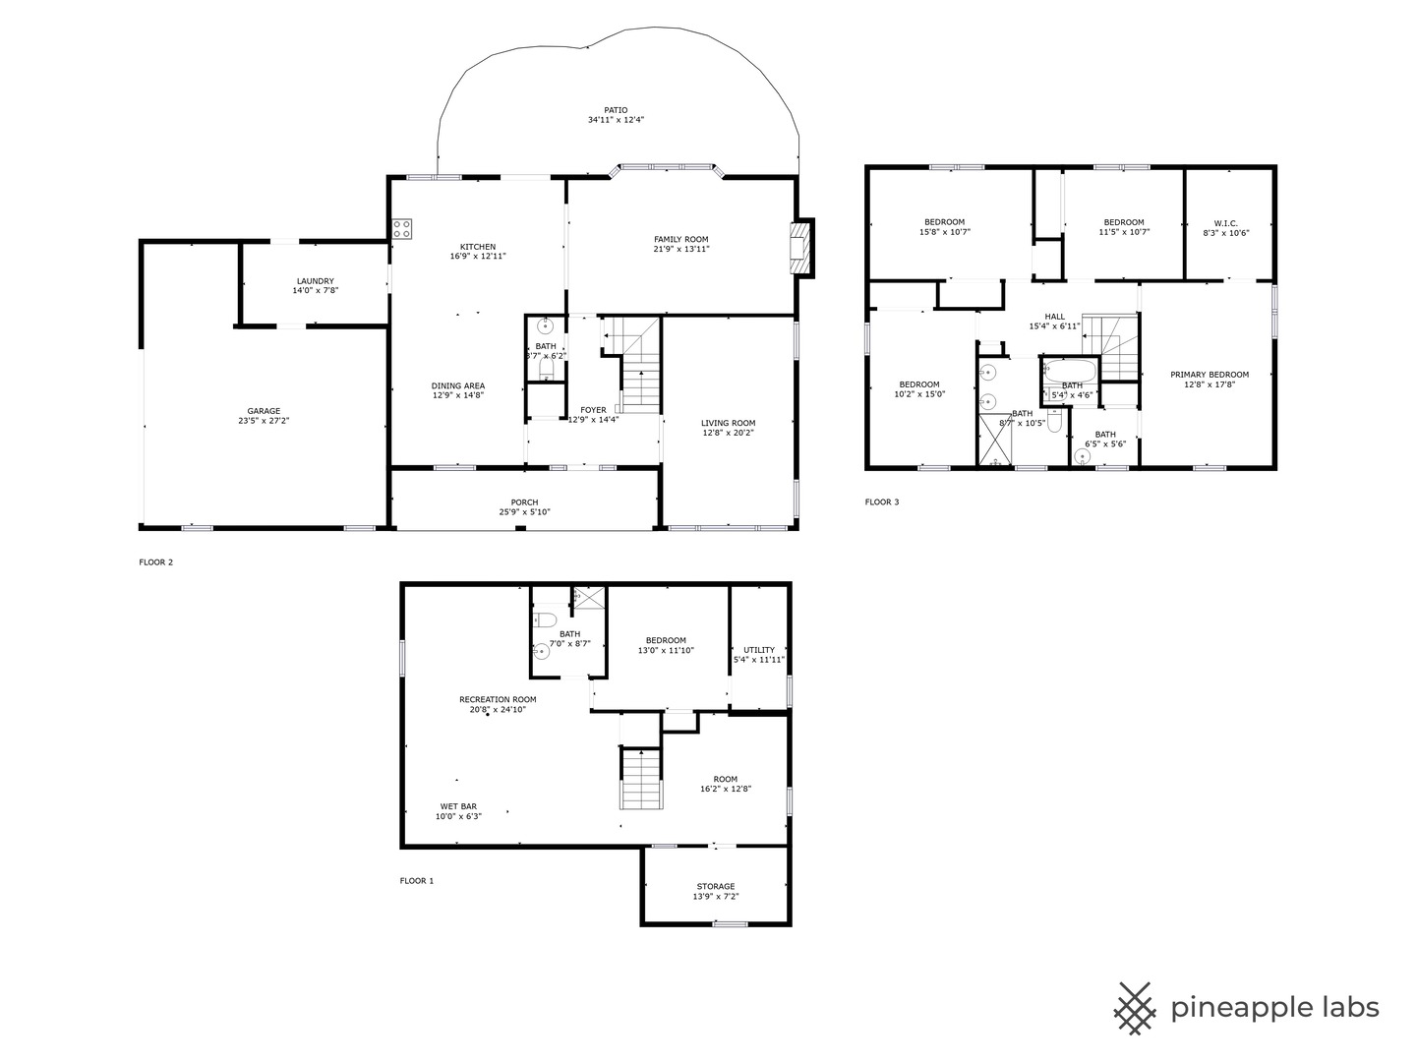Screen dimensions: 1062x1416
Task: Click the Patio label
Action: pyautogui.click(x=616, y=110)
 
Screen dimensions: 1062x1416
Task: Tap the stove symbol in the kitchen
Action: pyautogui.click(x=402, y=229)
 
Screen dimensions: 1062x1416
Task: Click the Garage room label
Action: pyautogui.click(x=264, y=411)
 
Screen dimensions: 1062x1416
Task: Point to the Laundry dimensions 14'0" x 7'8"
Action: pyautogui.click(x=315, y=291)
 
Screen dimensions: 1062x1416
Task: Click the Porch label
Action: pyautogui.click(x=524, y=502)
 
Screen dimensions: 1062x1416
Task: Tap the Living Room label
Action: pyautogui.click(x=729, y=423)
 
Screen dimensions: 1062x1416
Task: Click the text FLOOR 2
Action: pyautogui.click(x=155, y=562)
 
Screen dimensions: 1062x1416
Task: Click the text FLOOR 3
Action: pyautogui.click(x=881, y=502)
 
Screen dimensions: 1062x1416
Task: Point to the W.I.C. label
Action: pyautogui.click(x=1225, y=222)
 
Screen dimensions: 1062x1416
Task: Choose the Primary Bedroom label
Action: pyautogui.click(x=1209, y=375)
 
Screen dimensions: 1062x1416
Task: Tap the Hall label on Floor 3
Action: pyautogui.click(x=1054, y=317)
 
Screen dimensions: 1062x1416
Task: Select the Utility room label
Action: pyautogui.click(x=758, y=650)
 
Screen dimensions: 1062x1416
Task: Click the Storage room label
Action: pyautogui.click(x=715, y=887)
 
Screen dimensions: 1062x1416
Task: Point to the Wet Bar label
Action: pyautogui.click(x=458, y=806)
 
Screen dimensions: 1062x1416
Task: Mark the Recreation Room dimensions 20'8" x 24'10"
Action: pyautogui.click(x=498, y=709)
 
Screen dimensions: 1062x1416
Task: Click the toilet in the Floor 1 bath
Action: pyautogui.click(x=545, y=619)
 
